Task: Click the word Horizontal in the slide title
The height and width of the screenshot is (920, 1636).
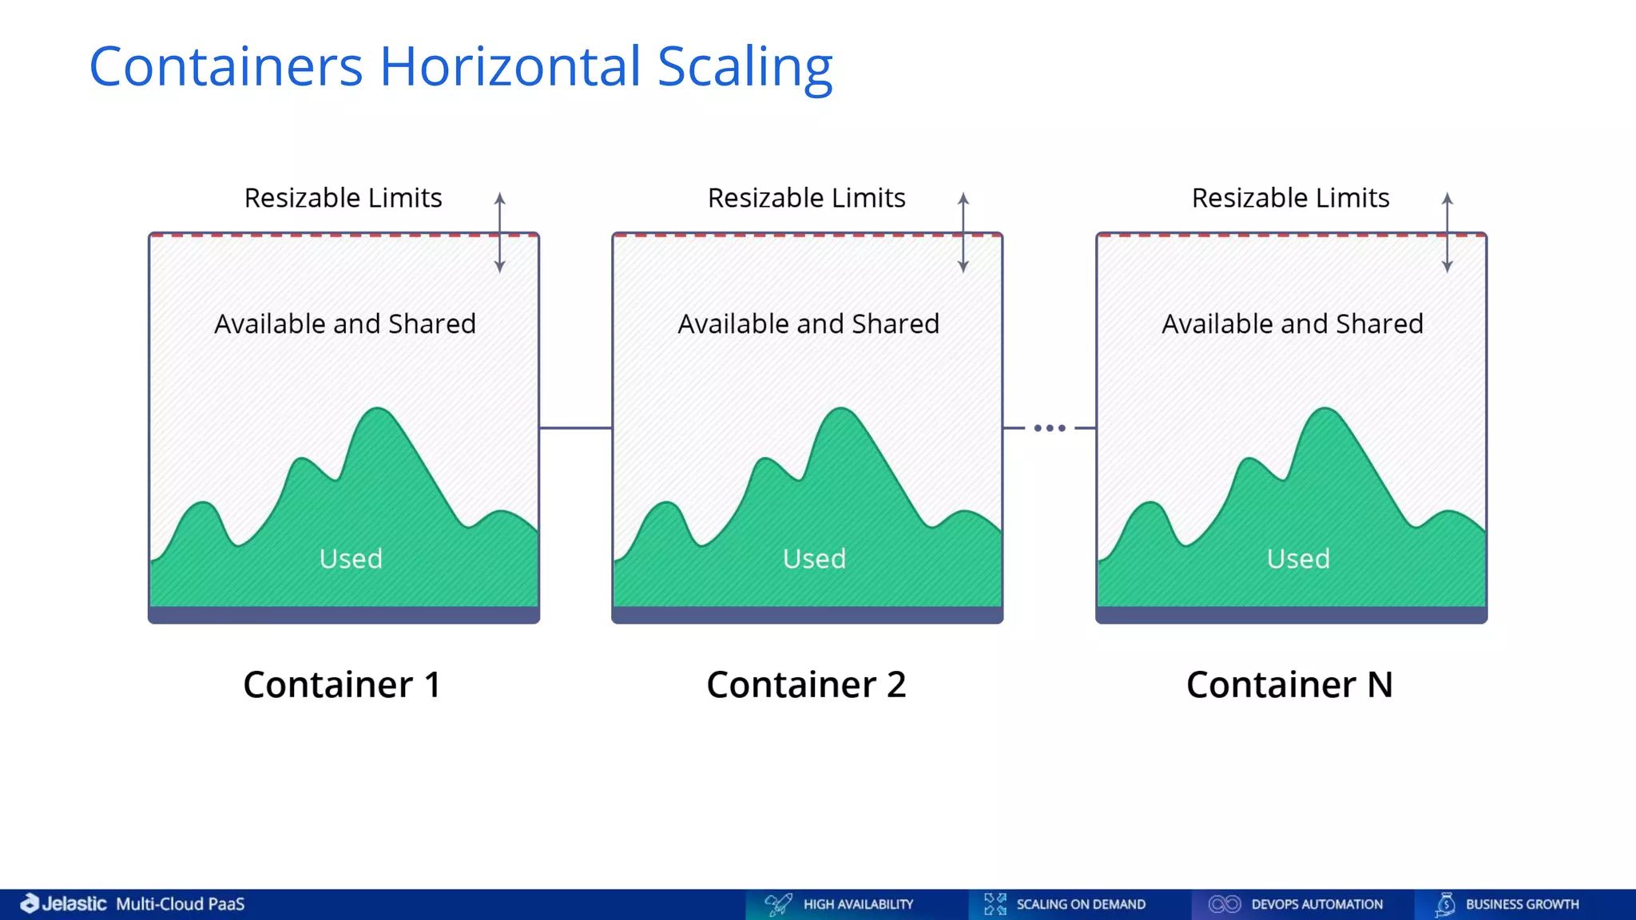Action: click(x=510, y=66)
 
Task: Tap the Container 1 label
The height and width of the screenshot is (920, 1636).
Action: click(x=342, y=684)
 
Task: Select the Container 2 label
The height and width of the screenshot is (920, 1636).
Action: click(x=806, y=684)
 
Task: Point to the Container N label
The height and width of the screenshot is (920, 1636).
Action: click(x=1289, y=684)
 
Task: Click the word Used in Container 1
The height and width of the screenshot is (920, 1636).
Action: click(x=351, y=558)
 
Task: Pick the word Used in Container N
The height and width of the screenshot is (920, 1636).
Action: click(x=1298, y=558)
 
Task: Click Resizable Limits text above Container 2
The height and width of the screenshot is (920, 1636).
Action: click(x=806, y=197)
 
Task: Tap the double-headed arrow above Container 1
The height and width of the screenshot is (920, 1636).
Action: click(x=500, y=232)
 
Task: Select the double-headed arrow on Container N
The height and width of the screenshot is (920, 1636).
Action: click(x=1447, y=232)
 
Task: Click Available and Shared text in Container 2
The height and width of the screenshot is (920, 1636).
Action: click(x=808, y=323)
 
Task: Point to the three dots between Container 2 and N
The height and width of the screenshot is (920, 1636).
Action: click(x=1050, y=428)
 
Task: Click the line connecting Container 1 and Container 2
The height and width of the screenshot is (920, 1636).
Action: click(x=575, y=428)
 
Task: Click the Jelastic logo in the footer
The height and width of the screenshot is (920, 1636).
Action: click(x=64, y=903)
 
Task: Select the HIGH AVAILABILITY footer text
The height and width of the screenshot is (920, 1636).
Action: click(x=858, y=904)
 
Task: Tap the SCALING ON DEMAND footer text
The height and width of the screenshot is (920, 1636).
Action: click(x=1080, y=904)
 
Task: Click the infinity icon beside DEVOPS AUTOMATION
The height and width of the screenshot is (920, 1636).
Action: click(x=1224, y=904)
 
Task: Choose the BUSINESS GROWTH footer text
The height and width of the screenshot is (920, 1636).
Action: click(x=1522, y=904)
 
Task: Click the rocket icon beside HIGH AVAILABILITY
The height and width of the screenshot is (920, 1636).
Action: click(x=778, y=904)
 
